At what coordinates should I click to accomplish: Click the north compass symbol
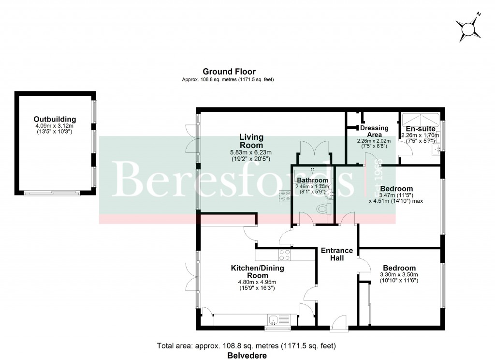click(468, 29)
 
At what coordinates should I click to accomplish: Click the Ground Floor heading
click(229, 72)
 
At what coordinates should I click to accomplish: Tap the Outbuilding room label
click(55, 119)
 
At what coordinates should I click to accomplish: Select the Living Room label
click(251, 141)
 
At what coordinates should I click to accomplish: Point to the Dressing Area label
click(374, 131)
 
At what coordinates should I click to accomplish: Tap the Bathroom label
click(312, 180)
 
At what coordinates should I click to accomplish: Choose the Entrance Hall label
click(336, 254)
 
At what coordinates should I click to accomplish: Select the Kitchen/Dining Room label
click(257, 271)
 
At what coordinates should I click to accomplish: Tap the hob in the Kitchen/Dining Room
click(284, 255)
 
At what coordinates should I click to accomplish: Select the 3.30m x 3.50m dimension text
click(400, 275)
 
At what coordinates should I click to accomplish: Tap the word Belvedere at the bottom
click(247, 355)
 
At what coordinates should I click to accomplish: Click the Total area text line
click(247, 346)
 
